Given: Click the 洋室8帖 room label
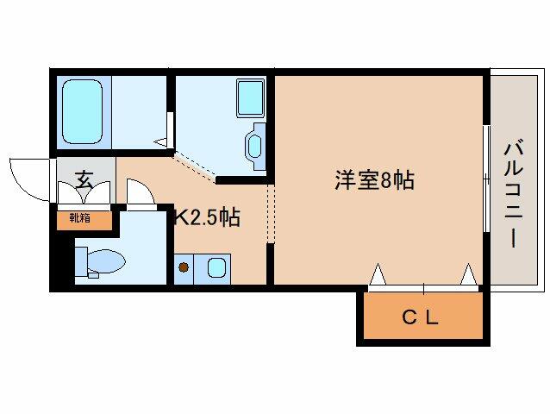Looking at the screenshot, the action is coord(374,180).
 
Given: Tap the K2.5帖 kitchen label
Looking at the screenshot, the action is coord(208,218).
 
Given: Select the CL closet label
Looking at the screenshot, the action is coord(420,318).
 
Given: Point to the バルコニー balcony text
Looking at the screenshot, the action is coord(514,193).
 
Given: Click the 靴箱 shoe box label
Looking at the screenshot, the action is coord(80,218).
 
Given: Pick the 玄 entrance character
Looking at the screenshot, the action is coord(84,179).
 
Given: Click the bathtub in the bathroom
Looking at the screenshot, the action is coord(83,111).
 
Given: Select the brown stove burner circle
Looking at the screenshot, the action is coord(183,267).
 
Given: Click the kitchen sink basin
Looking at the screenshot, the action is coord(216,267).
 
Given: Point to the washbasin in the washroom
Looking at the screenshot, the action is coord(254,146).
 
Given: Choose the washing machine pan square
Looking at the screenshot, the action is coord(251,97).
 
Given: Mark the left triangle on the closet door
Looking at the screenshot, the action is coord(378,273).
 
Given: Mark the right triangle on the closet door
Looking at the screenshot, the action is coord(469,273).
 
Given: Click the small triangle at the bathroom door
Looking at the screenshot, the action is coord(161,142).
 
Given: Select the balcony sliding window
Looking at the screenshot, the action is coord(486,179).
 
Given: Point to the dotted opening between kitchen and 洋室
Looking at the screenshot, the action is coord(271,213).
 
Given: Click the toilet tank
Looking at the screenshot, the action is coord(81,261).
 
